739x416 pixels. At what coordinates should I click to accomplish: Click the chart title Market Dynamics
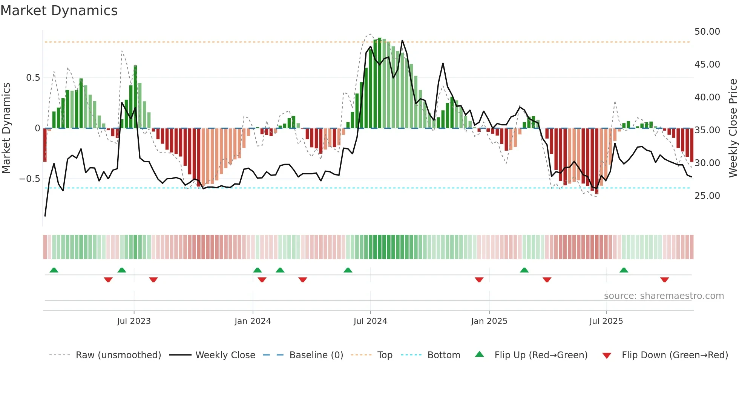click(x=59, y=11)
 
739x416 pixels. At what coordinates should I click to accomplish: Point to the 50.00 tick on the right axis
click(x=707, y=32)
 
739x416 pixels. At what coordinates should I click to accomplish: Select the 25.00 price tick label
click(x=707, y=196)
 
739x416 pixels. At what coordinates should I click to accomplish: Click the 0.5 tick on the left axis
click(x=33, y=78)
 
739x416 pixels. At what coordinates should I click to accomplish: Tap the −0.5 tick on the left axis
click(x=30, y=179)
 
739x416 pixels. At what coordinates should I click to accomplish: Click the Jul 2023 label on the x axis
click(x=134, y=321)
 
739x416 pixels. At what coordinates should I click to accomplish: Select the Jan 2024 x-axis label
click(x=253, y=321)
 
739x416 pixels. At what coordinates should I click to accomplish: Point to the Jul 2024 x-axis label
click(x=370, y=321)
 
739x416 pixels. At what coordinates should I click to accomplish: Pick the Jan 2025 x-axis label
click(x=489, y=321)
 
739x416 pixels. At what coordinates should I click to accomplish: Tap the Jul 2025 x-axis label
click(x=606, y=321)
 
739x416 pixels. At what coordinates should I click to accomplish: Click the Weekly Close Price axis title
click(x=733, y=128)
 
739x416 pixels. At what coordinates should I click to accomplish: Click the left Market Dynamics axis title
click(x=6, y=128)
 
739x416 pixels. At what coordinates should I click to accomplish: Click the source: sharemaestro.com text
click(x=664, y=296)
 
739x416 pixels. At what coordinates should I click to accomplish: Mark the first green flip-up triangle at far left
click(x=54, y=270)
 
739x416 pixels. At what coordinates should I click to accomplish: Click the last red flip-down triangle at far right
click(x=664, y=280)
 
